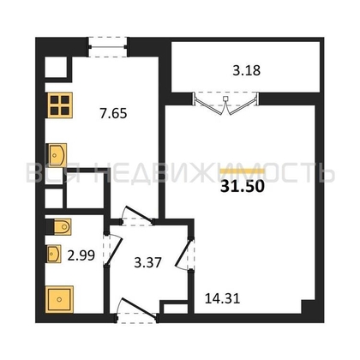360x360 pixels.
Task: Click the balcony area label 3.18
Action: click(x=246, y=70)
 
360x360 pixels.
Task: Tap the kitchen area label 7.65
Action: click(x=113, y=113)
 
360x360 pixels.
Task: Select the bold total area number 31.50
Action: click(x=243, y=187)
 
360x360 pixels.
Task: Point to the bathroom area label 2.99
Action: click(x=81, y=255)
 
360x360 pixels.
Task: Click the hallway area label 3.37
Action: click(x=148, y=262)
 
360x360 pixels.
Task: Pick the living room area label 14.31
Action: click(x=223, y=298)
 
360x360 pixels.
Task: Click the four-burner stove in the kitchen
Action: click(x=60, y=105)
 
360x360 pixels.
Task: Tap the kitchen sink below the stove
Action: click(x=57, y=155)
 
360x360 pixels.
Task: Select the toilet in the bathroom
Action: click(x=59, y=227)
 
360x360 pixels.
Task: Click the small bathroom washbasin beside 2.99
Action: click(x=54, y=254)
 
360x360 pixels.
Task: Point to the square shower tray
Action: click(x=59, y=299)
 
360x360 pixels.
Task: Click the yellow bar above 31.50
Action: click(x=243, y=171)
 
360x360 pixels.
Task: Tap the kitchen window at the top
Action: click(x=107, y=47)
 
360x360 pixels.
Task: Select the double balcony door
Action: click(x=225, y=104)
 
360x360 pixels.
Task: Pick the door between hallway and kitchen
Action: click(x=137, y=216)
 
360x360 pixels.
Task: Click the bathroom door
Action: click(x=112, y=249)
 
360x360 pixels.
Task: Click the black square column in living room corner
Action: click(x=308, y=307)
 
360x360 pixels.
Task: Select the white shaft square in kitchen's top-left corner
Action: click(x=56, y=67)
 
